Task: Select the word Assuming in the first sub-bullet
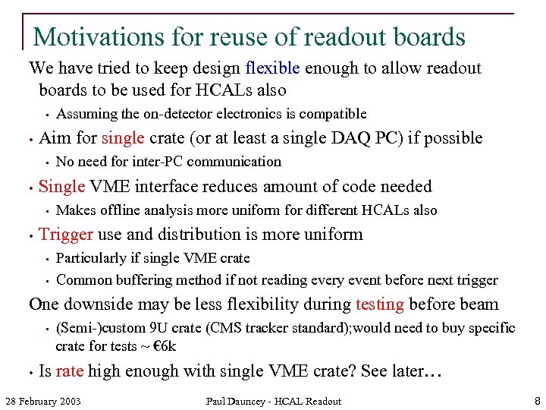[x=86, y=114]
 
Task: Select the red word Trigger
[x=66, y=234]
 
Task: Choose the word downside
[x=99, y=304]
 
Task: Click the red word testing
[x=379, y=304]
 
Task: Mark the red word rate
[x=69, y=371]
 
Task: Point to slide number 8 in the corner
[x=536, y=400]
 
